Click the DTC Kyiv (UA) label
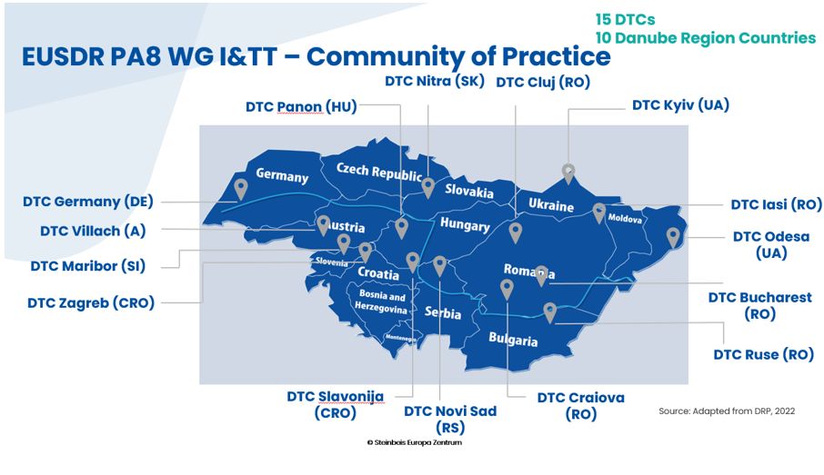pos(680,105)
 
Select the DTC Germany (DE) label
pos(87,202)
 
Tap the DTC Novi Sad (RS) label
pos(450,419)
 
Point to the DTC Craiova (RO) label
pos(580,406)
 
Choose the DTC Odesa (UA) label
pos(771,244)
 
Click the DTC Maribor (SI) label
pos(87,266)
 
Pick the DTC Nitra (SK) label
pos(435,82)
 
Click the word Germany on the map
pos(282,174)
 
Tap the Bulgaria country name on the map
pos(513,339)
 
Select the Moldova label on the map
pos(625,218)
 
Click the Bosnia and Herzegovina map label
pos(382,302)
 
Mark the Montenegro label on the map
pos(400,338)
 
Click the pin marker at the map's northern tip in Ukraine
pos(568,173)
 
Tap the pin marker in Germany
pos(241,189)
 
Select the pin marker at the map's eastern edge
pos(673,238)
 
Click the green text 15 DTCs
pos(626,19)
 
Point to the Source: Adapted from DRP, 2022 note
pos(727,411)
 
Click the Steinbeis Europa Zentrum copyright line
pos(415,442)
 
